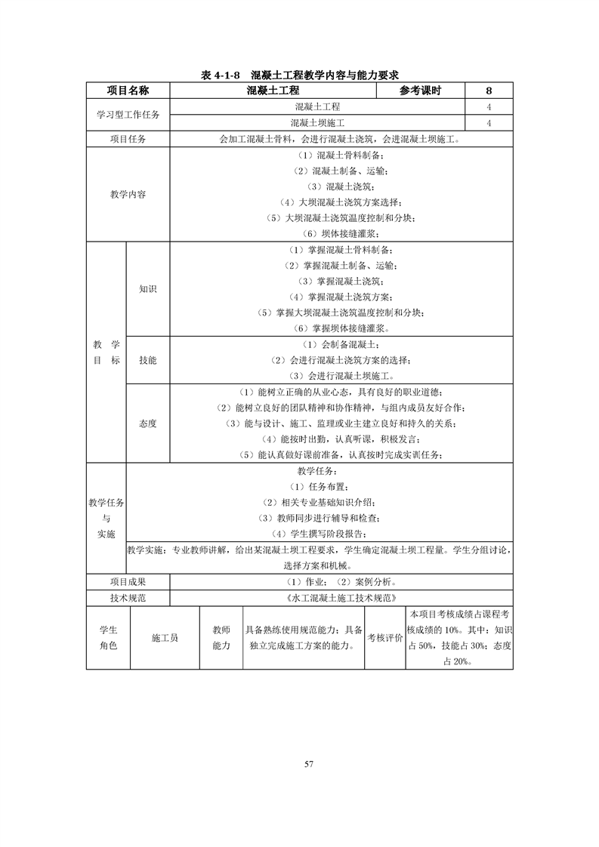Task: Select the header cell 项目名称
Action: [x=128, y=91]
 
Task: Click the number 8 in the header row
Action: [x=489, y=91]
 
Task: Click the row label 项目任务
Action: [x=128, y=139]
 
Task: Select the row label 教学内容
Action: [x=128, y=194]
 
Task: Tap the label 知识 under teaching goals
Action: [x=148, y=288]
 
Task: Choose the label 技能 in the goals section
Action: [x=148, y=361]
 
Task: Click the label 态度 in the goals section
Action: [x=148, y=423]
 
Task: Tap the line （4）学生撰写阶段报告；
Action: [x=320, y=534]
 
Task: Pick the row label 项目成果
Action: [x=128, y=582]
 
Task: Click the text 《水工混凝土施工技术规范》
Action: [x=342, y=598]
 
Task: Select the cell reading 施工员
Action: [x=165, y=638]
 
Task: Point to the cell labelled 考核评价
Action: [x=384, y=638]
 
